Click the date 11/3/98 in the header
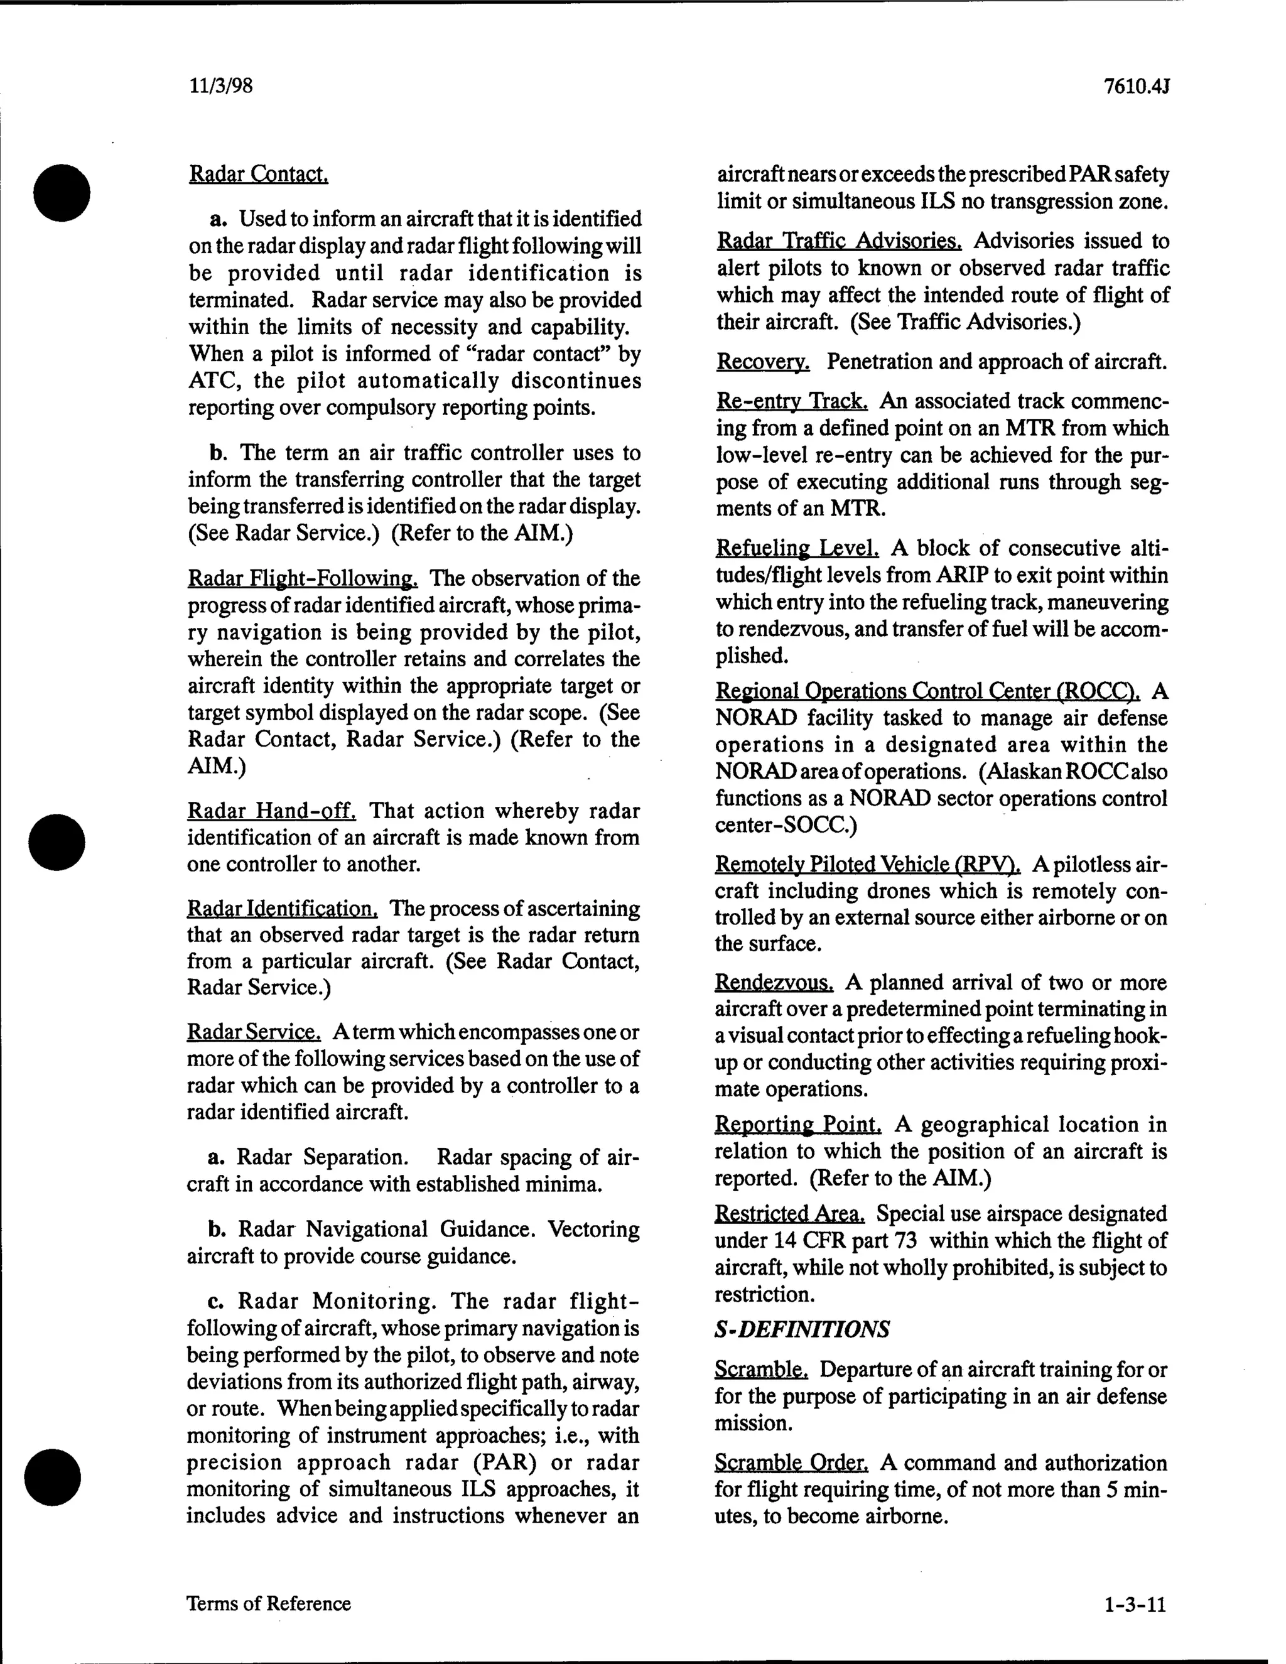pos(220,86)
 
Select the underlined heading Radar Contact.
pos(258,175)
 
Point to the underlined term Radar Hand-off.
pos(271,811)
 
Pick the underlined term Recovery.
pos(762,361)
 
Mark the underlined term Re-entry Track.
pos(792,401)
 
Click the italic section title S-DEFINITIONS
pos(801,1329)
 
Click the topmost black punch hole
pos(62,192)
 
